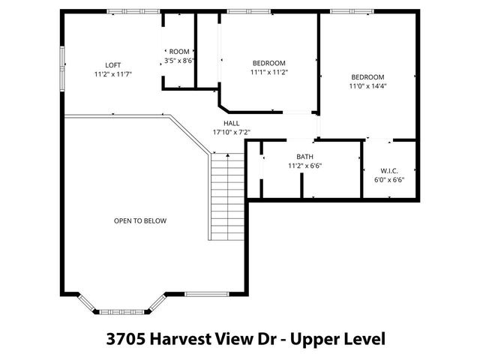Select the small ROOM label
tap(179, 52)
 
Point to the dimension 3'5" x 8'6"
tap(179, 61)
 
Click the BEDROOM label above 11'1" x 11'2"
tap(268, 63)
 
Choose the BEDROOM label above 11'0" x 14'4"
tap(367, 77)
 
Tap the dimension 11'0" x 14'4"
tap(367, 86)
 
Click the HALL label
tap(231, 123)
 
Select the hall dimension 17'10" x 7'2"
tap(231, 133)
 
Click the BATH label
tap(304, 157)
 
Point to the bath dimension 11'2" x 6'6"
tap(304, 166)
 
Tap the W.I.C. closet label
tap(388, 170)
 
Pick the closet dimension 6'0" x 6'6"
tap(388, 180)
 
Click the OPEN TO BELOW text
tap(139, 221)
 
